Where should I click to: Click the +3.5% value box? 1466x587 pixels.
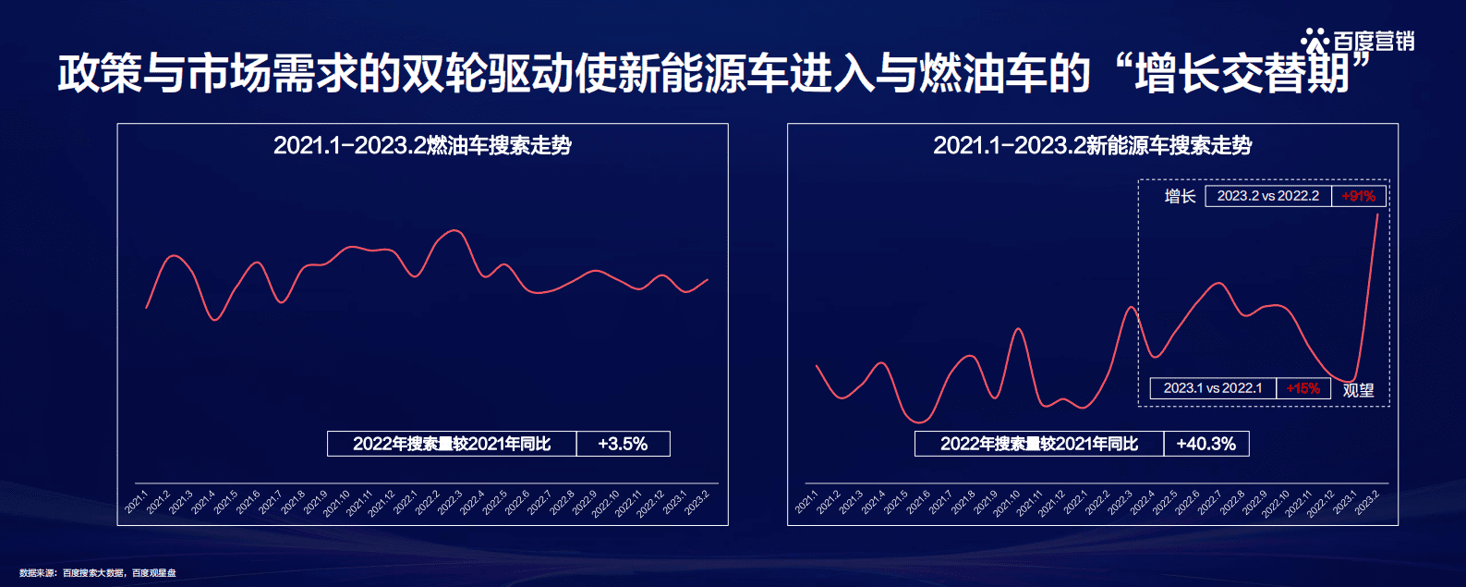click(623, 444)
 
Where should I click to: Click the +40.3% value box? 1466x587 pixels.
click(1206, 444)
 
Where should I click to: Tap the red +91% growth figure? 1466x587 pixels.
click(1358, 196)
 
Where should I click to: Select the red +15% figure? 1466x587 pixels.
click(1302, 388)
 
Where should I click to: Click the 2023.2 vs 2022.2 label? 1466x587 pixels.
click(1267, 196)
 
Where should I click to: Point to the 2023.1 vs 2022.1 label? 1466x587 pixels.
click(1212, 388)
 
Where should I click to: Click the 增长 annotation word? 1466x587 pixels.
click(1180, 196)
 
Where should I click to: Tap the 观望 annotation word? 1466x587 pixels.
click(1358, 390)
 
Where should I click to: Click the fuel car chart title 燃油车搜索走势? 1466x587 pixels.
click(422, 145)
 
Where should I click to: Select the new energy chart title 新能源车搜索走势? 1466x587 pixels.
click(1092, 145)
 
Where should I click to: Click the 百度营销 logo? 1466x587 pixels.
click(1358, 42)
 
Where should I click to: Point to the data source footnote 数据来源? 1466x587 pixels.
click(97, 573)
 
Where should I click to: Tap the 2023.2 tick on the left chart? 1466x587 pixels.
click(697, 502)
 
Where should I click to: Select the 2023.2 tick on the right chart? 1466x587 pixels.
click(1368, 502)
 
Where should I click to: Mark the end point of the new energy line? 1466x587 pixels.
click(1378, 214)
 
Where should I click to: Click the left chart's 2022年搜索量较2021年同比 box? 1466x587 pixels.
click(452, 444)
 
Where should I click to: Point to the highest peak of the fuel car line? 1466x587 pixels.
click(453, 230)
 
